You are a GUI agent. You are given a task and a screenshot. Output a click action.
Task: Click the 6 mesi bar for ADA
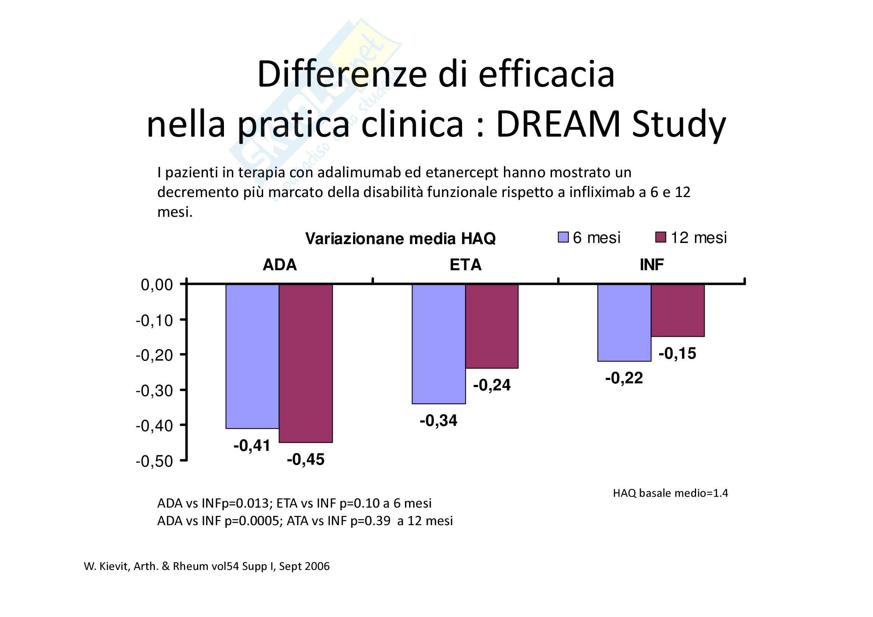[x=252, y=356]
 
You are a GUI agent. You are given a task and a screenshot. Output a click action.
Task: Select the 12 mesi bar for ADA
[x=306, y=363]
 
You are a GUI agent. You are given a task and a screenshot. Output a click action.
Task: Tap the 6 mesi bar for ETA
[x=439, y=344]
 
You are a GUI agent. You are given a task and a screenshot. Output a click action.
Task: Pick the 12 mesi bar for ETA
[x=492, y=326]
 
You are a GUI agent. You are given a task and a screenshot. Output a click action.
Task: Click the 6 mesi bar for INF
[x=624, y=322]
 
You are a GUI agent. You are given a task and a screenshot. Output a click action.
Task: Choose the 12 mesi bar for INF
[x=677, y=310]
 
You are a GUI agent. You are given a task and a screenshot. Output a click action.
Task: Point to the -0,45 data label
[x=306, y=459]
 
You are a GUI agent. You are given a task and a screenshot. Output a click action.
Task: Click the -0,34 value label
[x=439, y=420]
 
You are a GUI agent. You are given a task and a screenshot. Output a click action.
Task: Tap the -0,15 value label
[x=677, y=353]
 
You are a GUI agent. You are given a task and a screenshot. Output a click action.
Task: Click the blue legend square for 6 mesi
[x=563, y=238]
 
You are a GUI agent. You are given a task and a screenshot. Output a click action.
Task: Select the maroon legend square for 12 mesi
[x=661, y=238]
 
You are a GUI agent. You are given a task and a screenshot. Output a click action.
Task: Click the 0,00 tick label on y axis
[x=157, y=285]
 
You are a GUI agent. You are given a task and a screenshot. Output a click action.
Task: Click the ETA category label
[x=465, y=265]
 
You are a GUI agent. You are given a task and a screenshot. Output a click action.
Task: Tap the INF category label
[x=651, y=265]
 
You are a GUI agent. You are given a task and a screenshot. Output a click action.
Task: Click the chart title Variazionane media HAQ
[x=400, y=239]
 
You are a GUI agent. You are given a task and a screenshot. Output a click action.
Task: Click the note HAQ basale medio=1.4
[x=670, y=493]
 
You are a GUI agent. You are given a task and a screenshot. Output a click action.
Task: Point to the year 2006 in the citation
[x=317, y=567]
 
